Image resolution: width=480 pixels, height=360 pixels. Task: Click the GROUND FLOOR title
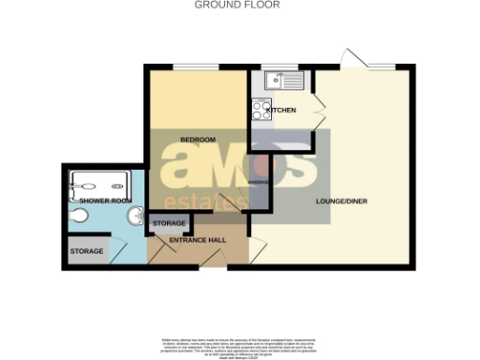tap(236, 5)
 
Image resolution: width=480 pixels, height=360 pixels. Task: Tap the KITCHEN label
tap(281, 111)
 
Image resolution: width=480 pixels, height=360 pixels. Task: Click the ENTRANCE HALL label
tap(198, 241)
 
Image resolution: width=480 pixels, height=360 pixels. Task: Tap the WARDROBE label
tap(259, 181)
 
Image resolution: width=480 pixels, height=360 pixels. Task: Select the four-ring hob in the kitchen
tap(260, 110)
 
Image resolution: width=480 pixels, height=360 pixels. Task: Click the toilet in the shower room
tap(80, 217)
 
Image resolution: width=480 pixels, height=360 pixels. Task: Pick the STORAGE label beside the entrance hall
tap(169, 223)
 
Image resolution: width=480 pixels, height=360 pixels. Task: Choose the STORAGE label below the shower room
tap(85, 252)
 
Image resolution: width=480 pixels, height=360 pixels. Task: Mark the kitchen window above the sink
tap(278, 66)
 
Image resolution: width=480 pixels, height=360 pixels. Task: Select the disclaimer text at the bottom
tap(239, 342)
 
